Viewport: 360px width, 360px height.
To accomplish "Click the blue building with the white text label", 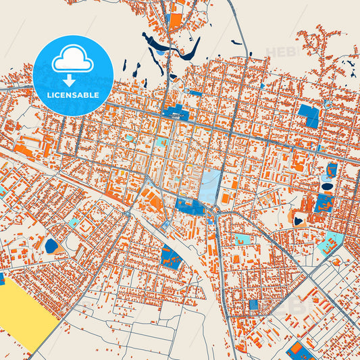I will coord(174,112).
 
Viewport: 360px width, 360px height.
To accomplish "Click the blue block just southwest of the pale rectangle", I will coord(188,206).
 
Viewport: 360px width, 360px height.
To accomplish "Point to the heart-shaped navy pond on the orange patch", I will coord(299,219).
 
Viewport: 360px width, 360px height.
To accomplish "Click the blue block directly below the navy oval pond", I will coord(323,203).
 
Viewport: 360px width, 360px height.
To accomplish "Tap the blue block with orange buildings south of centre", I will coord(171,257).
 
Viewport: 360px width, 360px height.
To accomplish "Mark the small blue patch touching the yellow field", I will coord(1,278).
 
